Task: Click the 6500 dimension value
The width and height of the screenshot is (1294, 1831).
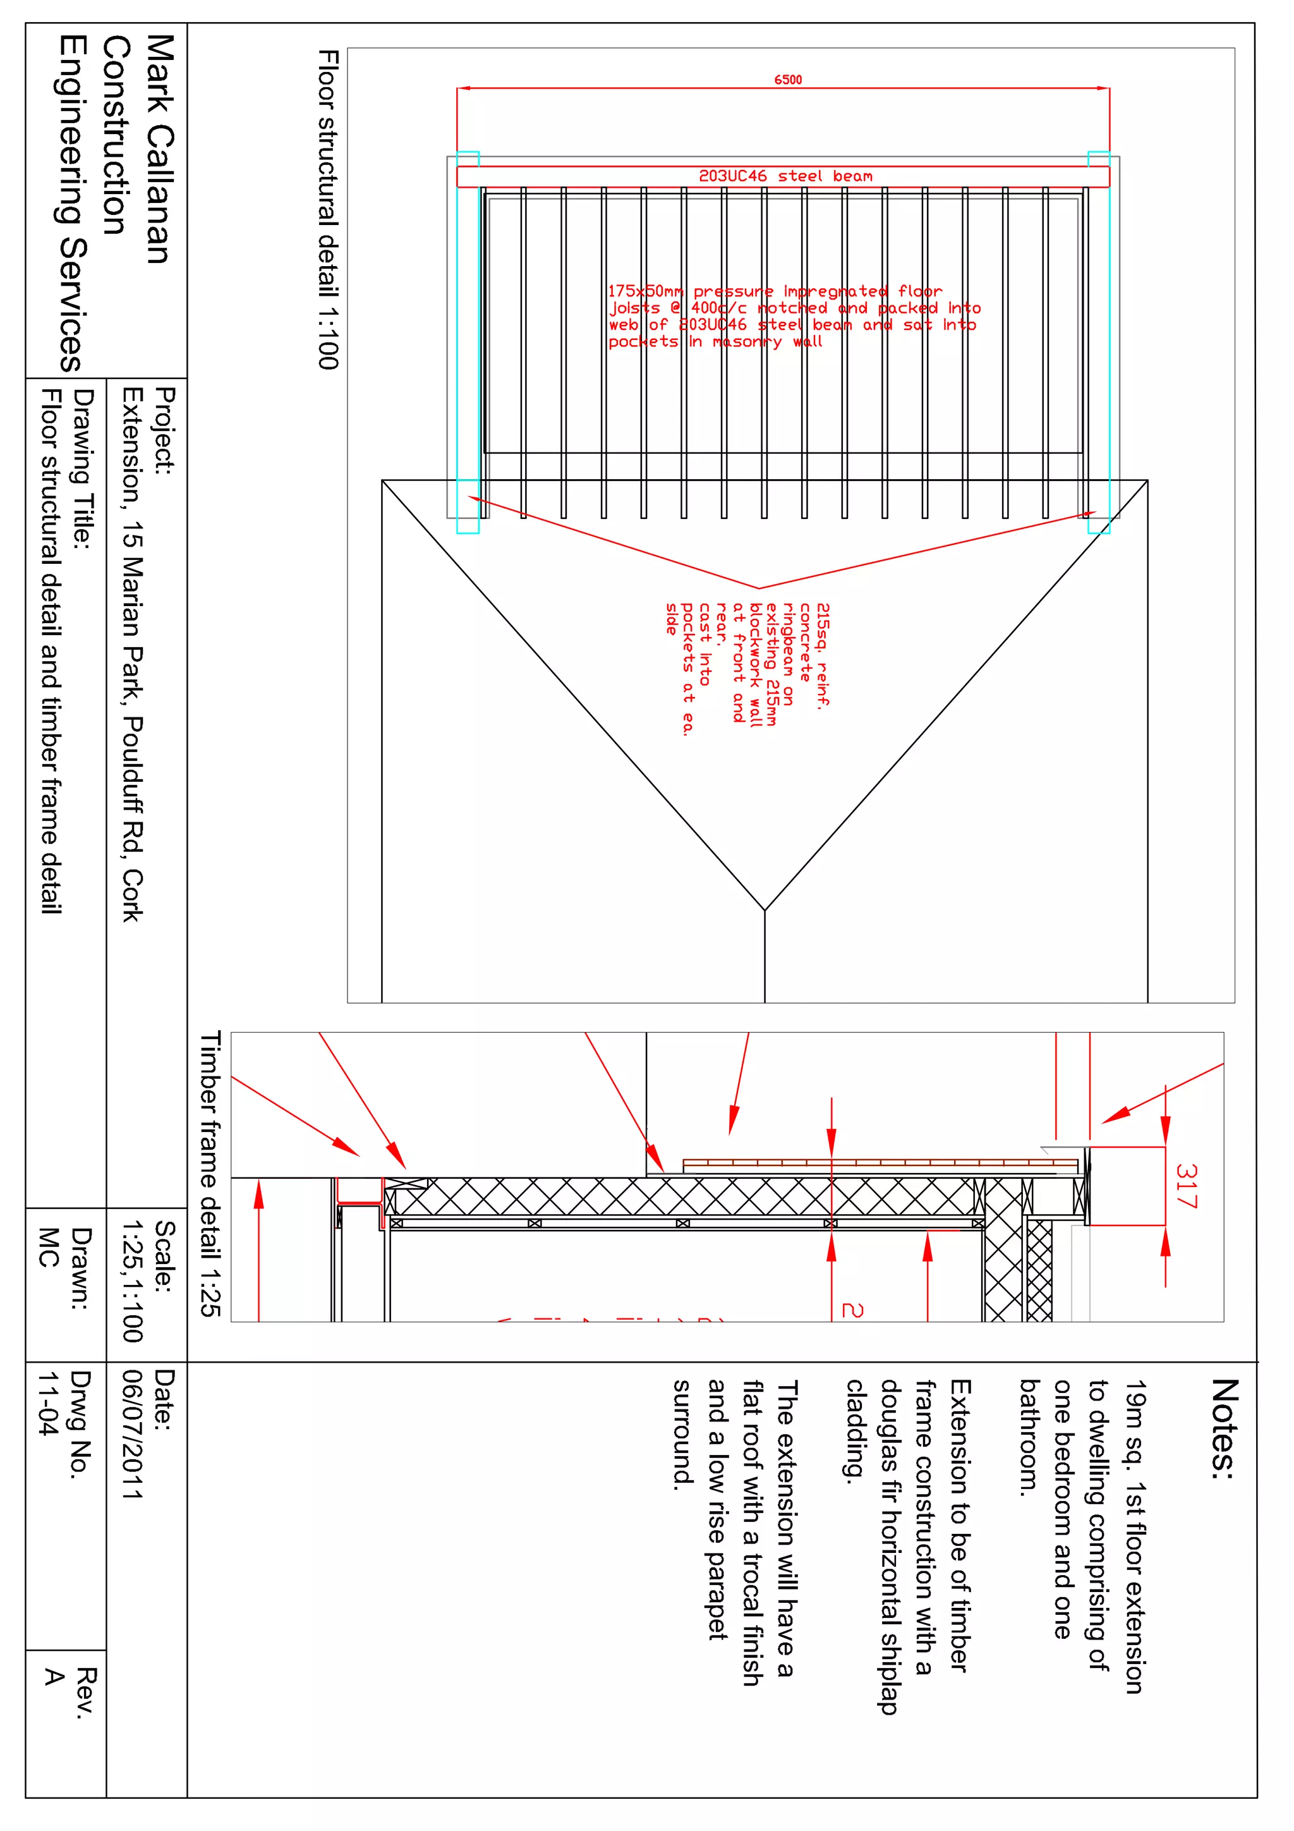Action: pyautogui.click(x=788, y=80)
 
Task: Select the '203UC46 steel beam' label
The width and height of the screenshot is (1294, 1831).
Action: pyautogui.click(x=785, y=176)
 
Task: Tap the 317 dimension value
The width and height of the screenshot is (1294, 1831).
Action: pyautogui.click(x=1187, y=1186)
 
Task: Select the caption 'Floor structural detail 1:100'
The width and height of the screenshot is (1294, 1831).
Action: pyautogui.click(x=329, y=210)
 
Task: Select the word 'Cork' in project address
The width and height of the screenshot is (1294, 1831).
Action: pyautogui.click(x=132, y=895)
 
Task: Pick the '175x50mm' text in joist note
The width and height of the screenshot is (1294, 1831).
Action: pyautogui.click(x=646, y=291)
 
